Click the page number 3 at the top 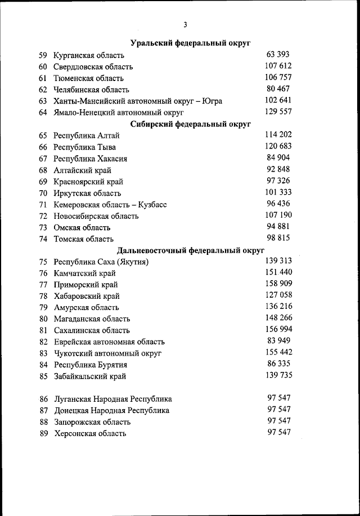[184, 24]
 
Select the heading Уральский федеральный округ [190, 43]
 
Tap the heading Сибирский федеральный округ [190, 124]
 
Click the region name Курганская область [89, 55]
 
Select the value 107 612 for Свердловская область [278, 66]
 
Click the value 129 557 [278, 112]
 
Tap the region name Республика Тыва [84, 147]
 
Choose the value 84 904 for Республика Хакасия [278, 158]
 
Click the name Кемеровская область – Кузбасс [110, 205]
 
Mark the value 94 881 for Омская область [278, 227]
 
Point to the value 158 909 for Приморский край [278, 284]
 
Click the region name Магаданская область [91, 319]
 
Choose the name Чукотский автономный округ [107, 353]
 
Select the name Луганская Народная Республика [112, 399]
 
